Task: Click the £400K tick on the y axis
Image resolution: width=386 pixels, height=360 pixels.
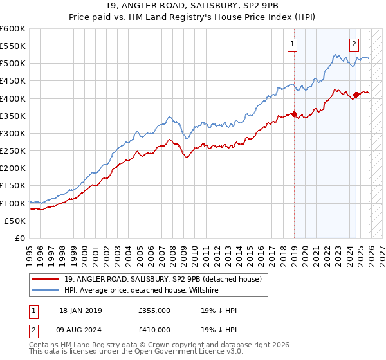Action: click(13, 98)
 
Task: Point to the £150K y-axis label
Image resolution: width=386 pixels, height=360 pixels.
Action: click(13, 186)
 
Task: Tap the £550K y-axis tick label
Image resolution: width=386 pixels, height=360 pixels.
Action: click(13, 46)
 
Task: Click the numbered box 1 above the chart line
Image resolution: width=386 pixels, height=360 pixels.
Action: click(293, 44)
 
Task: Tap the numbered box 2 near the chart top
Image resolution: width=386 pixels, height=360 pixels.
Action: click(354, 44)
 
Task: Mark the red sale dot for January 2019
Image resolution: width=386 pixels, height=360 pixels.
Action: click(294, 114)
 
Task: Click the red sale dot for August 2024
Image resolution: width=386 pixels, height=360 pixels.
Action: click(356, 95)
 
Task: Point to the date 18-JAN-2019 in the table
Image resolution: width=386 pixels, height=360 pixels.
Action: click(80, 310)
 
